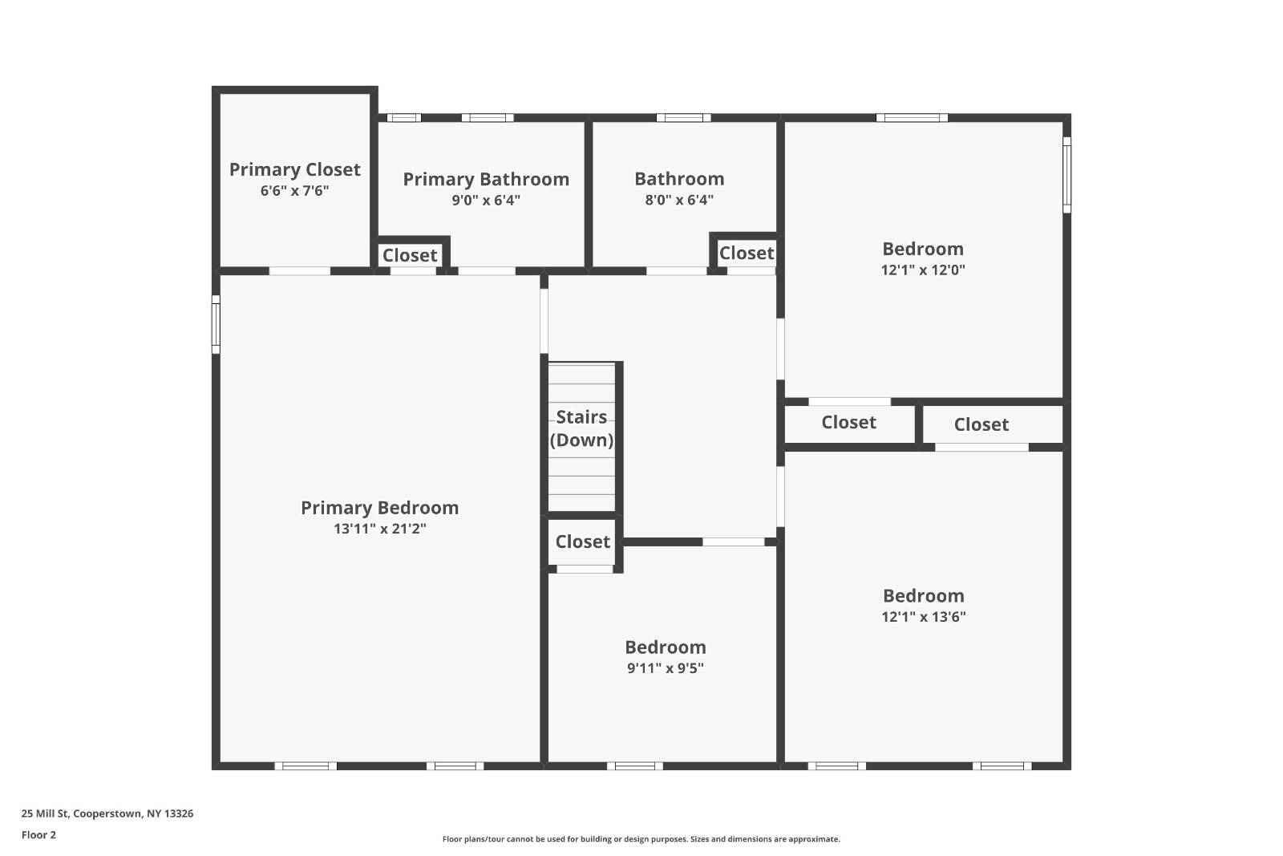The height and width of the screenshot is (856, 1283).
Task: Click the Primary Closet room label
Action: (x=294, y=169)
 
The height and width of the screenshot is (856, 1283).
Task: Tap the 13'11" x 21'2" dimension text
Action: (x=379, y=529)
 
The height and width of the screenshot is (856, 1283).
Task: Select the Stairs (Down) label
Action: (x=581, y=428)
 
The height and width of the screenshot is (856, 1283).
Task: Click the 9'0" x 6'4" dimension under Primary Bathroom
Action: (x=485, y=200)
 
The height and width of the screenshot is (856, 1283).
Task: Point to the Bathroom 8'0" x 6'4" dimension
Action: (x=679, y=200)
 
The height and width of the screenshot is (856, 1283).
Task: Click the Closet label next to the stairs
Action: (x=582, y=542)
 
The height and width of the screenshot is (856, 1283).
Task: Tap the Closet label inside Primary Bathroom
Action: (x=410, y=255)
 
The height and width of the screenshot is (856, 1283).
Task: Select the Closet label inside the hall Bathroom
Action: (x=746, y=253)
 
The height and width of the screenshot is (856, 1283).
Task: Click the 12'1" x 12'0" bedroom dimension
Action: (x=923, y=270)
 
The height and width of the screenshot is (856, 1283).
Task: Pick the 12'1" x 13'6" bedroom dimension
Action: (x=923, y=617)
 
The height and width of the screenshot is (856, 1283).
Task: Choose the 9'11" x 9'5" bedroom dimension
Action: (x=665, y=668)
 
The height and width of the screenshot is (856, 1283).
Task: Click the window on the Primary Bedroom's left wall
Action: (x=216, y=324)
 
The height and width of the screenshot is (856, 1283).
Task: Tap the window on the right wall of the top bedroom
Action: (x=1066, y=175)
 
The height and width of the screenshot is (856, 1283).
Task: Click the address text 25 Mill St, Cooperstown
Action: (x=107, y=813)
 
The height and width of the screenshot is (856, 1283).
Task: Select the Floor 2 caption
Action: (x=38, y=835)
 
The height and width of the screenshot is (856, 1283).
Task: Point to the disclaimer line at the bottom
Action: (x=641, y=839)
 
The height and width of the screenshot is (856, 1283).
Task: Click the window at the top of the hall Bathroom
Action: (x=683, y=118)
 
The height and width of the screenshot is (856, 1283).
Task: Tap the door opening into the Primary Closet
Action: (x=299, y=271)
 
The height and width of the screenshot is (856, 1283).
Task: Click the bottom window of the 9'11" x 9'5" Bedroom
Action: (x=634, y=766)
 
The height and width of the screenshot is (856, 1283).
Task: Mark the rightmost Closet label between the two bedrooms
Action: (x=981, y=424)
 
